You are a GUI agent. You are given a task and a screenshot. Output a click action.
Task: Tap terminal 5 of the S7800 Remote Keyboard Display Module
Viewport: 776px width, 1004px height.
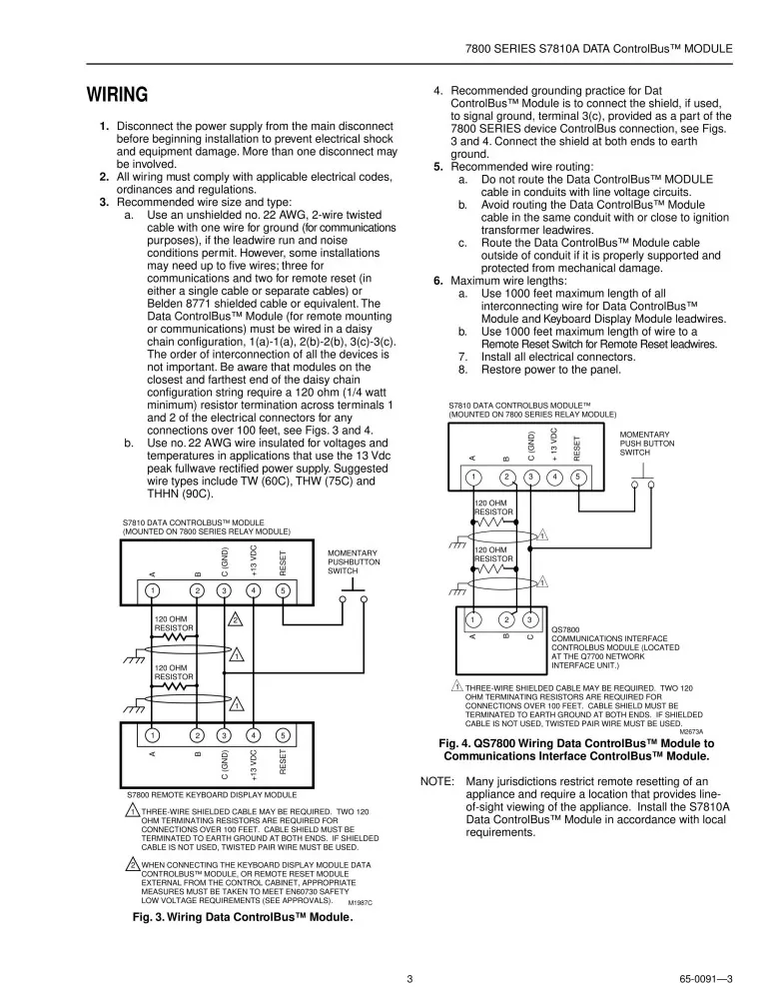click(284, 736)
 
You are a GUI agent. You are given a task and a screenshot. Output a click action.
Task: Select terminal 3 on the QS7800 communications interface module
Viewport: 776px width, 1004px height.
click(530, 619)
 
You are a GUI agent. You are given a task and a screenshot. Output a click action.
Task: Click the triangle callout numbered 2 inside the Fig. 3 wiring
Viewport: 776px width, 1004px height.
click(235, 619)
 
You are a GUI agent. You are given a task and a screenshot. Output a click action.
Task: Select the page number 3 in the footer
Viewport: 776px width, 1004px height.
click(409, 978)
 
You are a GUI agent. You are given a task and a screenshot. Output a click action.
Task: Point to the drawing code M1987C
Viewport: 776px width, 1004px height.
click(359, 902)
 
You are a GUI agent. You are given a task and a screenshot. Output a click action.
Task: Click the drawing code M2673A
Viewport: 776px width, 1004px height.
click(704, 731)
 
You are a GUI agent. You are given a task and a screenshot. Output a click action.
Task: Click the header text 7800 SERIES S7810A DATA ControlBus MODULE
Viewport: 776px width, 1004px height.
click(599, 48)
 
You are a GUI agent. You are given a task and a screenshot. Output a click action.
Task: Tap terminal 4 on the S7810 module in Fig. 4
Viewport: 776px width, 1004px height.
click(554, 477)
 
